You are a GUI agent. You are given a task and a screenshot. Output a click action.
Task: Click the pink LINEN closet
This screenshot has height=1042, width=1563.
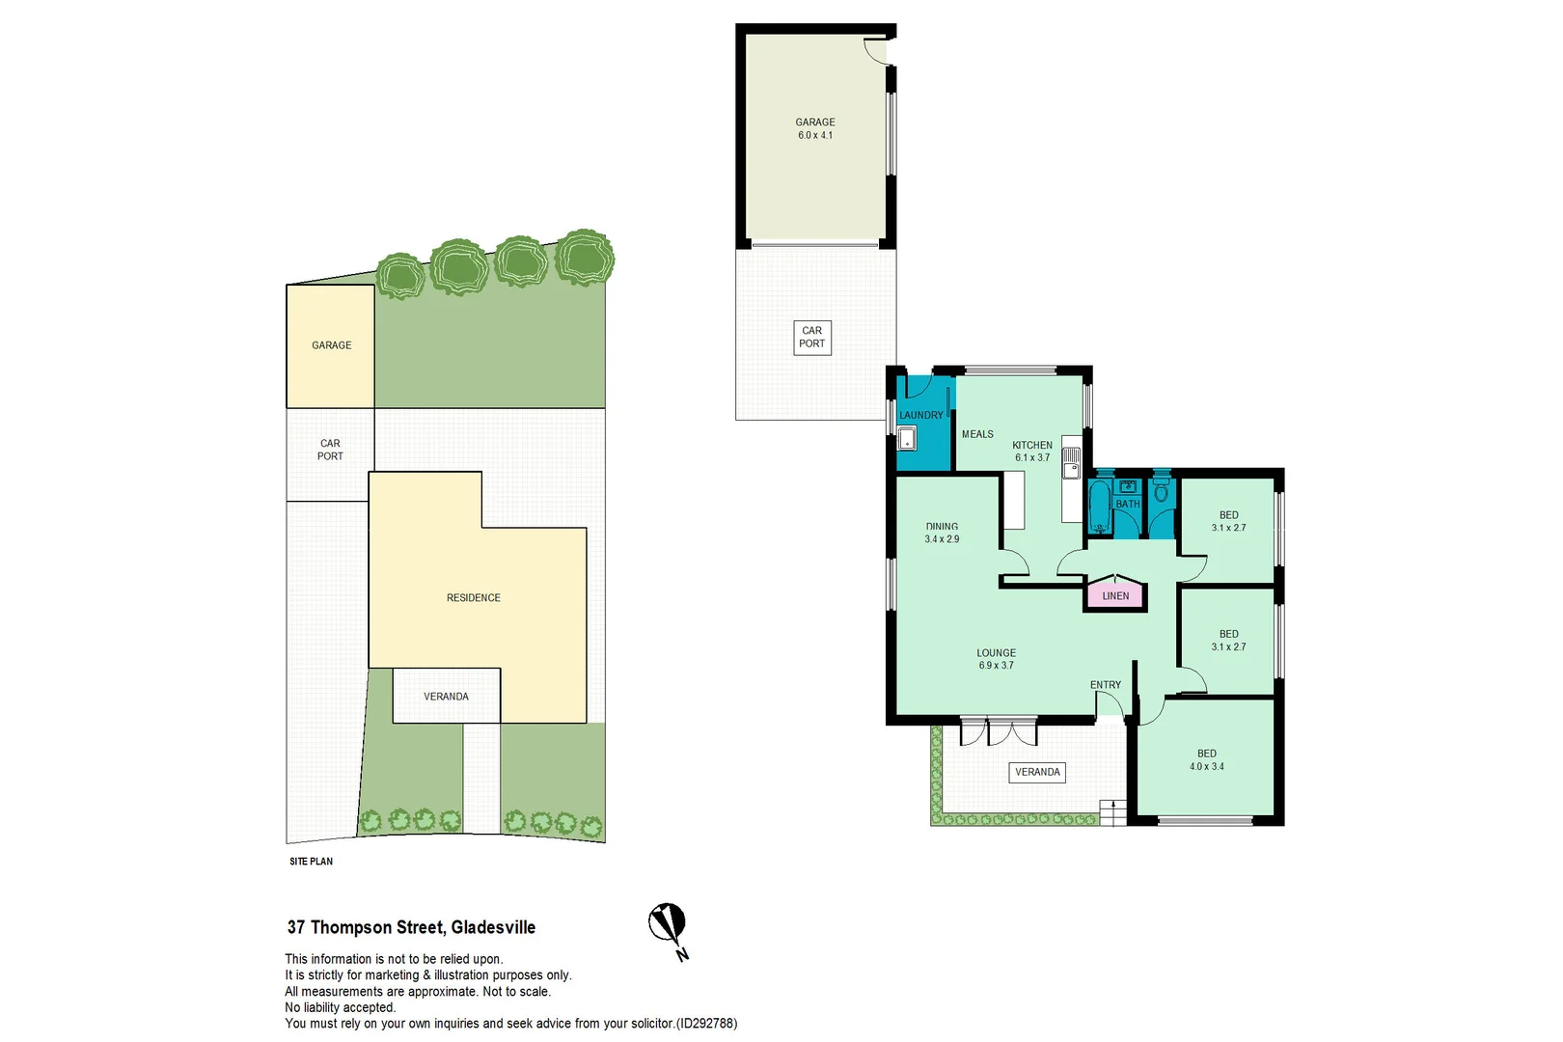click(1115, 594)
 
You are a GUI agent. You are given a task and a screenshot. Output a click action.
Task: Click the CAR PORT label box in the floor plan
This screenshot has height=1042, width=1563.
click(812, 338)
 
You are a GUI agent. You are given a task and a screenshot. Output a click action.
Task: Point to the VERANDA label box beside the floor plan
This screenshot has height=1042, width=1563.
click(1037, 772)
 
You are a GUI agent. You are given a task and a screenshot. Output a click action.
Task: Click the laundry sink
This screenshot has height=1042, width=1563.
click(906, 439)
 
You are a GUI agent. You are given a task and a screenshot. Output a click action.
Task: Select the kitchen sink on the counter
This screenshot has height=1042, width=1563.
click(1070, 463)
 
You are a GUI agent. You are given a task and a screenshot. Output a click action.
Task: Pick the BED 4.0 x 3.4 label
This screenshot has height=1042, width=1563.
click(1206, 760)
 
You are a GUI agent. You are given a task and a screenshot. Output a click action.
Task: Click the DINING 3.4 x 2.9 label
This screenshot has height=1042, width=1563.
click(942, 533)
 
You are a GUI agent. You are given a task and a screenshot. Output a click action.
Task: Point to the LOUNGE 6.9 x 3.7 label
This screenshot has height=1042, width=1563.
click(996, 659)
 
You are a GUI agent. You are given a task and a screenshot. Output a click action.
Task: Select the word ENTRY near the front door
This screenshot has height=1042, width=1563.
click(1106, 685)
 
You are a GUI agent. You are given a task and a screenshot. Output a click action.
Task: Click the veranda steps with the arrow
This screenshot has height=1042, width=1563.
click(1113, 813)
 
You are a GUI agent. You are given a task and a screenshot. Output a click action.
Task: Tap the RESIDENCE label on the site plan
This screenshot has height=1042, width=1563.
click(473, 597)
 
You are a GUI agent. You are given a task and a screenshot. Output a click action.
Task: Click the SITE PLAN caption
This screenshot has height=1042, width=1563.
click(312, 862)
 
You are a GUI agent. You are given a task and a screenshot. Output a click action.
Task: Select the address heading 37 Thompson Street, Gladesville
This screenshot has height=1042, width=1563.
click(412, 927)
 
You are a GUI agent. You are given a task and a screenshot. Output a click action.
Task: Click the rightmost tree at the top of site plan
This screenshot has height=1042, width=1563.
click(585, 257)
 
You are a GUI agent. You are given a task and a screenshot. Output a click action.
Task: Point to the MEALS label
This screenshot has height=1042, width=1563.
click(976, 434)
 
